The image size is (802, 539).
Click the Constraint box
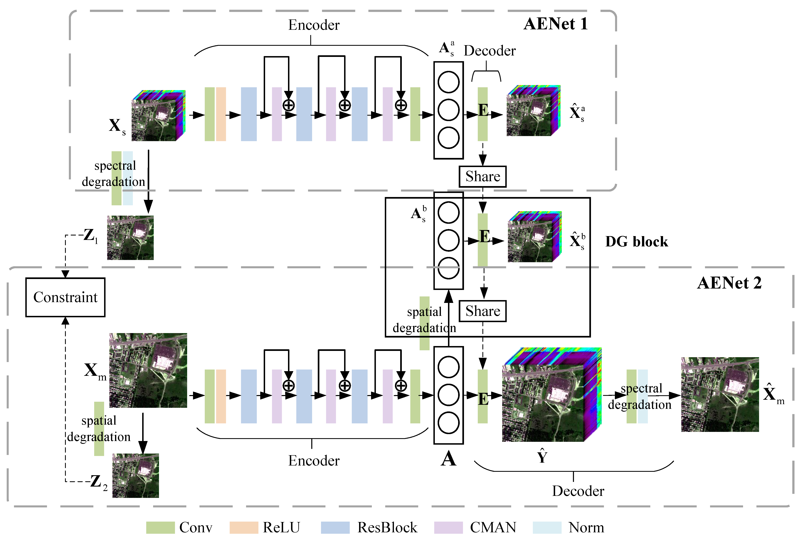pos(65,297)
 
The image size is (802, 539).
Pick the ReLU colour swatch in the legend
pos(244,527)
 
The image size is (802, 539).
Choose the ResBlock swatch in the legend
pos(335,527)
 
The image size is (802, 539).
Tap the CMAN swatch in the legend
pos(448,527)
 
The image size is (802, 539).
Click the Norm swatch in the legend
pos(547,527)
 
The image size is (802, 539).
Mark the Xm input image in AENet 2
pos(148,370)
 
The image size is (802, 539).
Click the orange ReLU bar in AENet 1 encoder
pos(221,114)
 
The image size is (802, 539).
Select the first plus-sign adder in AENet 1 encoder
pos(288,105)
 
